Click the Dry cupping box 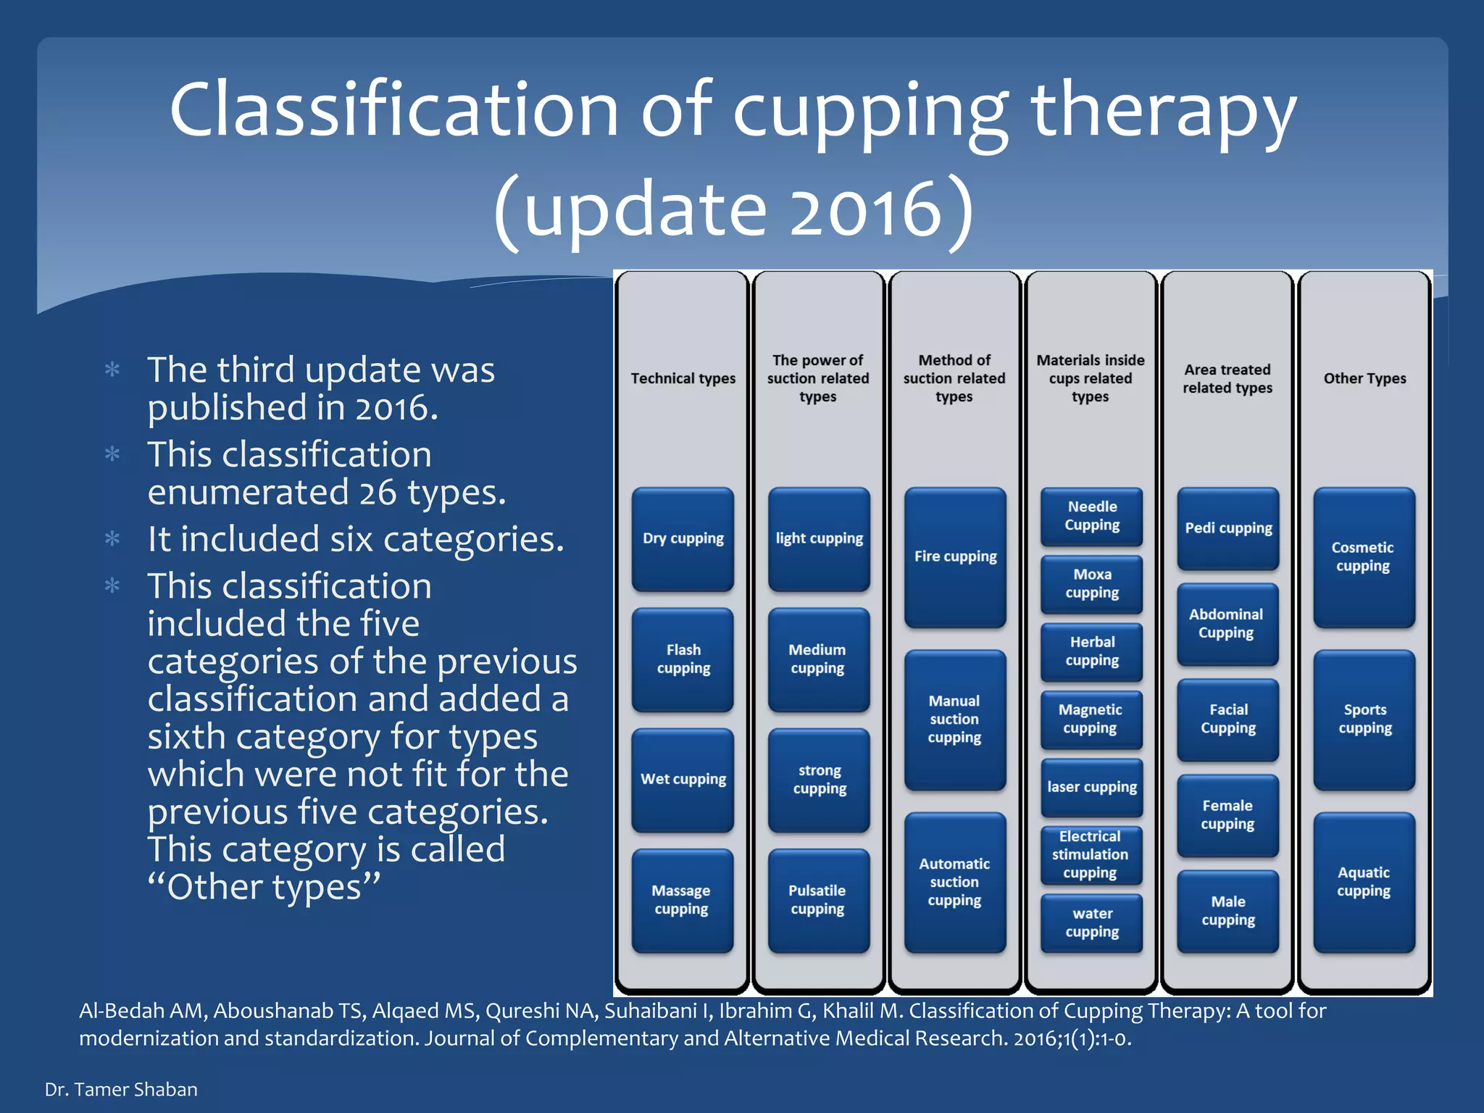(683, 538)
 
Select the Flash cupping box (683, 659)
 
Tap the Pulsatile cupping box (818, 899)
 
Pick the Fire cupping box (955, 556)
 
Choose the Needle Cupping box (1091, 516)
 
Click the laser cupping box (1091, 787)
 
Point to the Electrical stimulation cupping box (1091, 855)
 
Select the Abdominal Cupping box (1227, 623)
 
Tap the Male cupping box (1227, 911)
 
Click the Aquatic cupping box (1364, 882)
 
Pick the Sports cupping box (1364, 719)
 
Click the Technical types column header (683, 378)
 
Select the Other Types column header (1364, 378)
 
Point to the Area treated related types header (1227, 378)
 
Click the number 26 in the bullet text (378, 493)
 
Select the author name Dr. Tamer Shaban (121, 1089)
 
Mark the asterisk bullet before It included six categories (112, 539)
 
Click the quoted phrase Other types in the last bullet (264, 886)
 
